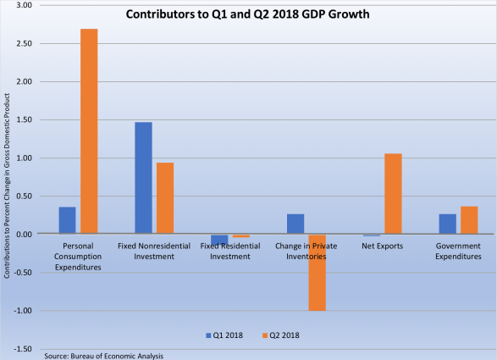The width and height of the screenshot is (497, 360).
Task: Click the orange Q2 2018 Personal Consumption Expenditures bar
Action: [90, 131]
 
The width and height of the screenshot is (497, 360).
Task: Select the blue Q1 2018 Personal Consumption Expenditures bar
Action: [67, 220]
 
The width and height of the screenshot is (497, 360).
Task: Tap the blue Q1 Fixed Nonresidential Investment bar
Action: [143, 178]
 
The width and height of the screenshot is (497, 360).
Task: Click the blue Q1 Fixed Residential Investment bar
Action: [219, 239]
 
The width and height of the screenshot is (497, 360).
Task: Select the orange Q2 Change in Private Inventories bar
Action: [318, 272]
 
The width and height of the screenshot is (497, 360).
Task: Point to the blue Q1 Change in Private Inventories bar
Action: [295, 224]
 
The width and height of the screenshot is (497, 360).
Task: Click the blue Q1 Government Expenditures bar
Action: [448, 224]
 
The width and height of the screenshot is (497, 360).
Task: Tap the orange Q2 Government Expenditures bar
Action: [470, 220]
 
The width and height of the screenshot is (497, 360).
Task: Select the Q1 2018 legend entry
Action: [225, 335]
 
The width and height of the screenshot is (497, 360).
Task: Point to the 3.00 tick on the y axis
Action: [23, 5]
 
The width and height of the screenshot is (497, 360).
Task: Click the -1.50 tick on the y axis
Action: [22, 349]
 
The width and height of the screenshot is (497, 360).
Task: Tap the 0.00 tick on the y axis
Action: [23, 235]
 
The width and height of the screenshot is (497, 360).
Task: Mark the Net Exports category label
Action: [383, 246]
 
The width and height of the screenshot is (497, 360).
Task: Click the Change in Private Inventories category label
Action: [306, 252]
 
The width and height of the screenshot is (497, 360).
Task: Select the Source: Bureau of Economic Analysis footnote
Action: [104, 355]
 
